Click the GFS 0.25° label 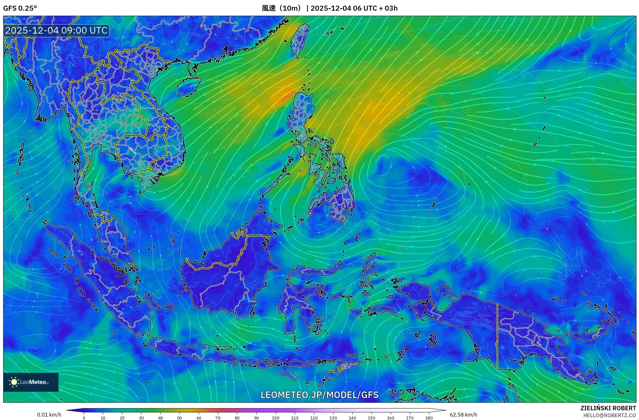[x=20, y=8]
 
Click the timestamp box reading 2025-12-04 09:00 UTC [x=57, y=30]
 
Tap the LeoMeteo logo [x=30, y=382]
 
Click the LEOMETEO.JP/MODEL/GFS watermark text [x=319, y=395]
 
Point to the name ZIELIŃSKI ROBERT [x=608, y=408]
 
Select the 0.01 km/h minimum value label [x=49, y=415]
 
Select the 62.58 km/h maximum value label [x=463, y=415]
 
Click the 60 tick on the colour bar [x=199, y=418]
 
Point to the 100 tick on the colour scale [x=275, y=418]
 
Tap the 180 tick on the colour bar [x=429, y=418]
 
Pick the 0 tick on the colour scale [x=84, y=418]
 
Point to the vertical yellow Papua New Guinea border [x=497, y=336]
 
